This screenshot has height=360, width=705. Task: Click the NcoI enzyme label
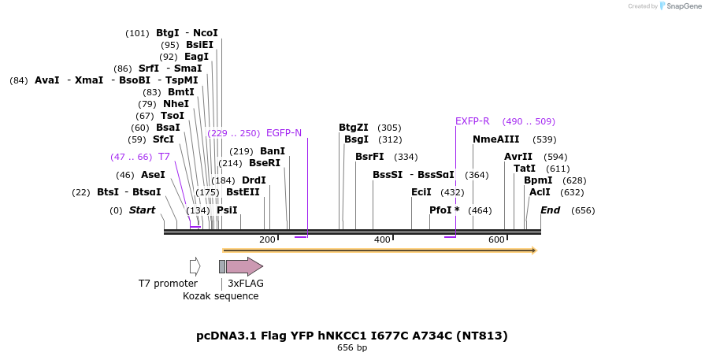[205, 33]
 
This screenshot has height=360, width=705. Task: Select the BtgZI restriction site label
[354, 128]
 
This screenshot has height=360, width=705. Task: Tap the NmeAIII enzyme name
[495, 139]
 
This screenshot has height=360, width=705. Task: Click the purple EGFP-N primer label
[284, 133]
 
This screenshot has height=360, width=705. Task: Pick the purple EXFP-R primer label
[472, 121]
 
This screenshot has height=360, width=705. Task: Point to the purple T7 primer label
[164, 157]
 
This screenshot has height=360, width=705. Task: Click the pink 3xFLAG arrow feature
[244, 266]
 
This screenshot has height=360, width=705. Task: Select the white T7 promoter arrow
[195, 266]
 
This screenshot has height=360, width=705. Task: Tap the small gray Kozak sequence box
[222, 266]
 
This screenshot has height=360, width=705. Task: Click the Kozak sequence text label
[221, 296]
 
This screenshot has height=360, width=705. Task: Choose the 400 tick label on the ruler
[382, 239]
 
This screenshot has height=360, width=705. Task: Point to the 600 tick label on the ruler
[496, 239]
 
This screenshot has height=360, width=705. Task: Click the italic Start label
[142, 210]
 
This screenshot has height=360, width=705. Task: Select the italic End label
[550, 210]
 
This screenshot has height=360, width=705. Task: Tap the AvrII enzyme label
[518, 157]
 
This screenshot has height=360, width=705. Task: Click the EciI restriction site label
[421, 192]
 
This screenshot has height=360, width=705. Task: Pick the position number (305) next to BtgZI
[389, 128]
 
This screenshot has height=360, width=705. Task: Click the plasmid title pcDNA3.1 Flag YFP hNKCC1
[351, 336]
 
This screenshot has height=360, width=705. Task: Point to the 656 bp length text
[352, 347]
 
